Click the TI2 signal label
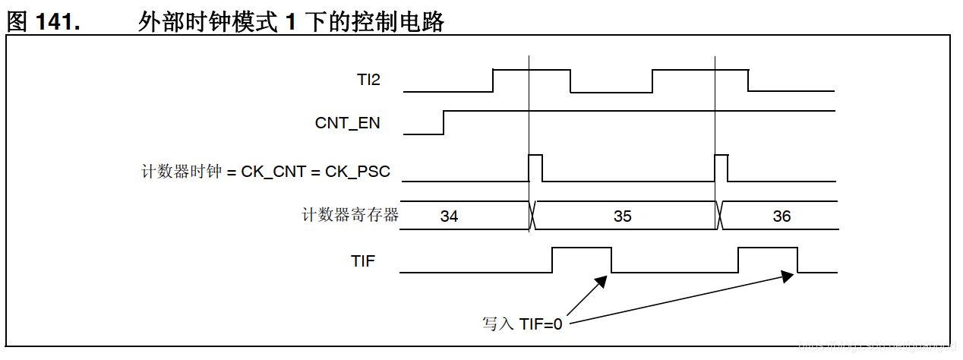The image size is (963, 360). (368, 80)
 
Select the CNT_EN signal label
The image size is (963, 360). (347, 123)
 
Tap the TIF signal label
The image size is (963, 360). (363, 261)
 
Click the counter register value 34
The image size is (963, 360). (449, 216)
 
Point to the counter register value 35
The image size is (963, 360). (622, 216)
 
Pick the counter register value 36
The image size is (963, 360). (781, 216)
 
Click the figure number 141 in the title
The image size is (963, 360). (58, 23)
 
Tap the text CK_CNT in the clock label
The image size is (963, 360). (273, 172)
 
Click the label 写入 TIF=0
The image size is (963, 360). (522, 324)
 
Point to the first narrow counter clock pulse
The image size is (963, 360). (535, 168)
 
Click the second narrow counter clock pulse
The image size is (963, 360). (721, 168)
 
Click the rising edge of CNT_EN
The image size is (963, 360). (444, 122)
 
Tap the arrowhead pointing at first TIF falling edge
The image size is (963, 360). (601, 282)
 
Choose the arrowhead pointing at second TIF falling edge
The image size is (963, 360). (787, 276)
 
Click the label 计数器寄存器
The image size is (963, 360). (350, 216)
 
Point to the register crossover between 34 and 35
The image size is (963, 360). (532, 215)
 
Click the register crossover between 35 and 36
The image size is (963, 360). (718, 215)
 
